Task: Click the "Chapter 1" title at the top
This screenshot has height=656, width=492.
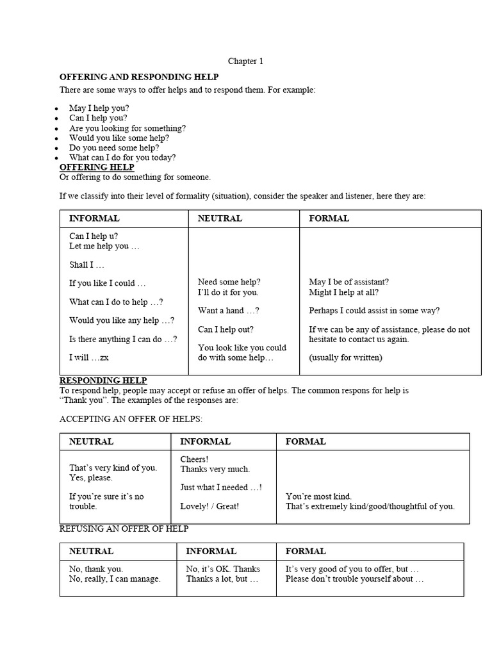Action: click(x=245, y=61)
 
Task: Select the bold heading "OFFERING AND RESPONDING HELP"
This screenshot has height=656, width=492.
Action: click(x=139, y=77)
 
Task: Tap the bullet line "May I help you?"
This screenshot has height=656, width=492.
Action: click(x=99, y=108)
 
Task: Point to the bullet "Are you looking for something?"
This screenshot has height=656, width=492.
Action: click(x=127, y=128)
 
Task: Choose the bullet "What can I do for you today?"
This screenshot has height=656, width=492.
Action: click(x=122, y=158)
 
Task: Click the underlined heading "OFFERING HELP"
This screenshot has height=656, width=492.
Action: click(x=97, y=167)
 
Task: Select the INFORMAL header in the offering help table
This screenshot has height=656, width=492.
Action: click(x=94, y=218)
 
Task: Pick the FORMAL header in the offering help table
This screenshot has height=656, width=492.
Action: click(x=329, y=218)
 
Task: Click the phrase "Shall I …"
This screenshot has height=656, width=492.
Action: click(x=86, y=265)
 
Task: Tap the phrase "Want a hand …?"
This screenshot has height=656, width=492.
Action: click(x=228, y=311)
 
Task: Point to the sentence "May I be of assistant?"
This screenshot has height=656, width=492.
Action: click(x=348, y=282)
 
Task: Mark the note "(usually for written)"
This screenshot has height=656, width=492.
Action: click(x=345, y=357)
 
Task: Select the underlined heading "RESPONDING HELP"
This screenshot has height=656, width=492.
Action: click(x=103, y=380)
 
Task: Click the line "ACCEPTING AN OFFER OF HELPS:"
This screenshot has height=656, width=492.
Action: click(x=130, y=419)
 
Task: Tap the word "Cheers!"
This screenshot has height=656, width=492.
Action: click(x=194, y=459)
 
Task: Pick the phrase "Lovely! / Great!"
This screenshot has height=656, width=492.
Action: click(x=209, y=506)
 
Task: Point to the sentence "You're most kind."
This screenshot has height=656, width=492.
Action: click(x=318, y=496)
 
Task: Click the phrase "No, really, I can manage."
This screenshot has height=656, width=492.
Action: click(x=115, y=579)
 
